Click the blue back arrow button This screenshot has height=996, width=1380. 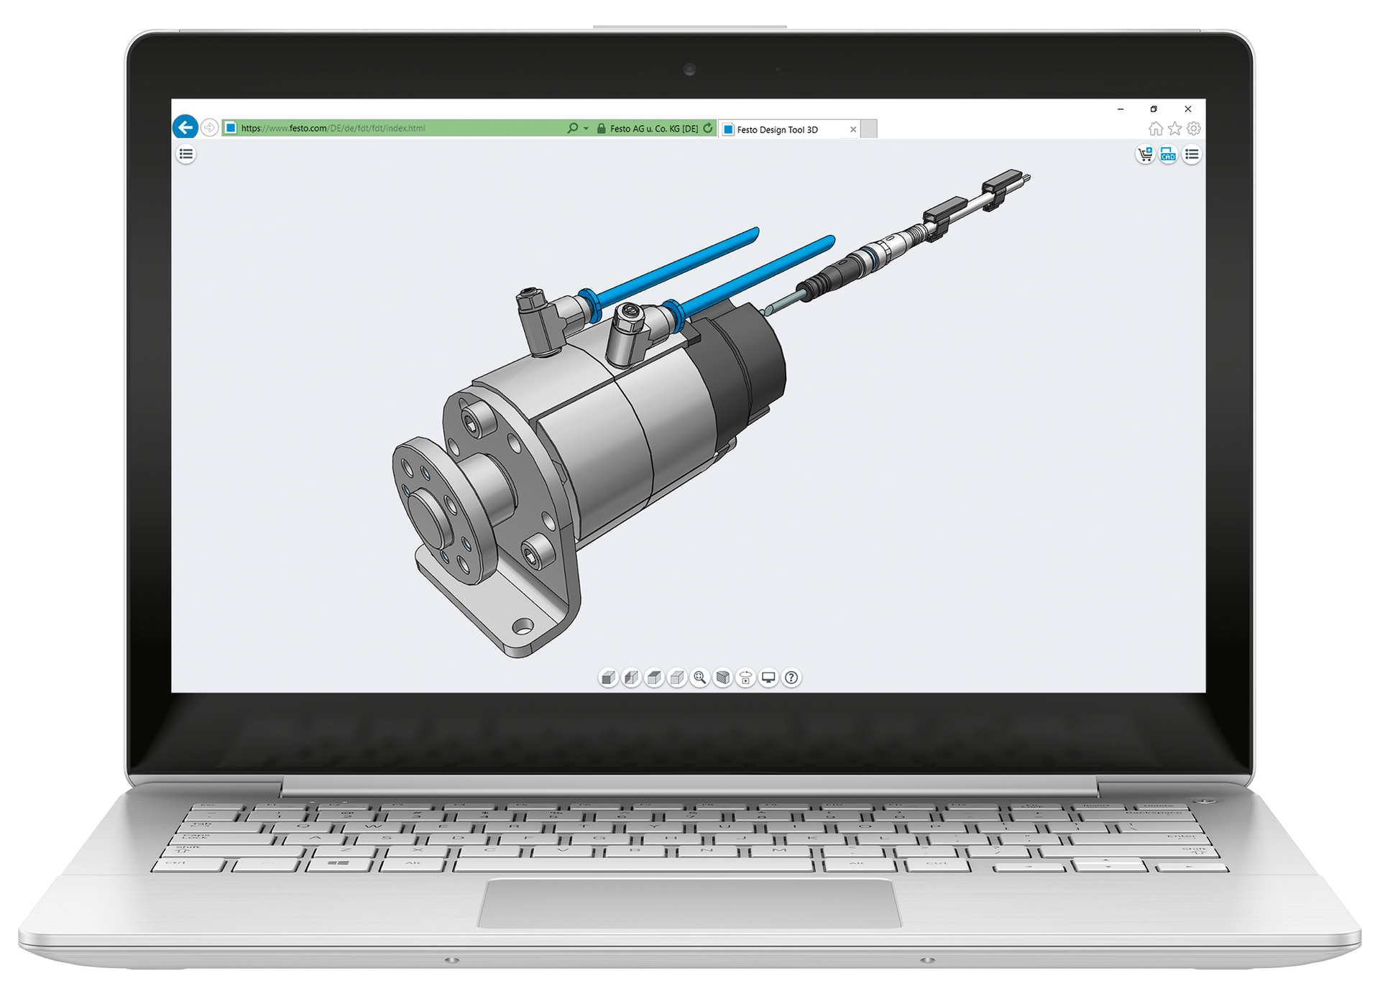pos(185,128)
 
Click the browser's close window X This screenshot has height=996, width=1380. pos(1188,109)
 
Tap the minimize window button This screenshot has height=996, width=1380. pos(1121,109)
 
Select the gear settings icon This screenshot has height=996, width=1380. pos(1194,129)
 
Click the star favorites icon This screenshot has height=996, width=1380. pos(1174,129)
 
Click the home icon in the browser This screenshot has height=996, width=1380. pos(1155,129)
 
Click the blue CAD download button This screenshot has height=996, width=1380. pos(1168,155)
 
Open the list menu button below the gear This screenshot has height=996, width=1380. pos(1192,155)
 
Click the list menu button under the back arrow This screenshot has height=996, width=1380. pos(186,154)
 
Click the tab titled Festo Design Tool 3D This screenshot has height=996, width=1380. pos(777,130)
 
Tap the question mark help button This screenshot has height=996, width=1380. pos(791,678)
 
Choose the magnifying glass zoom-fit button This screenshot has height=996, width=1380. pos(699,678)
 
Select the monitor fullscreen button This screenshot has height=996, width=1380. pos(768,678)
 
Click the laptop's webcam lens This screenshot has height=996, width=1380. pos(690,70)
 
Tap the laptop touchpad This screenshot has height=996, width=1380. pos(689,903)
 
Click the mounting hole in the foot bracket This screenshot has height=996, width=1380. pos(523,627)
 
